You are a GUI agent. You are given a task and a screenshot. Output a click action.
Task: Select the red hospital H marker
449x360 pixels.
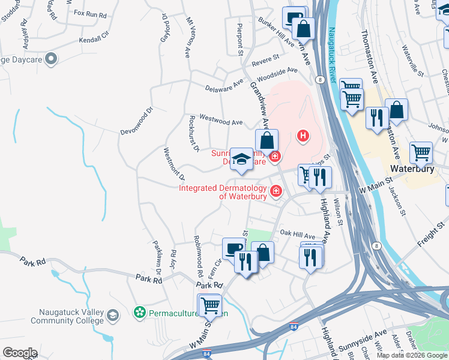click(304, 136)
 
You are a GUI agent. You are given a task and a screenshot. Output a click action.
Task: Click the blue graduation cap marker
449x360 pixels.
click(241, 159)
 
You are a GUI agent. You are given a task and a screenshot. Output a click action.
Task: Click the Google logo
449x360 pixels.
click(19, 352)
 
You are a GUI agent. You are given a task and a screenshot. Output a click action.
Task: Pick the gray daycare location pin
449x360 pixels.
click(52, 59)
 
